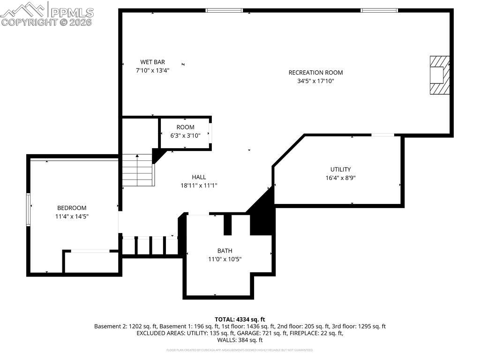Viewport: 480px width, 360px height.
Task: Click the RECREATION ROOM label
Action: [315, 72]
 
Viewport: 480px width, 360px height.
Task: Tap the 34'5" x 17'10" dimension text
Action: [315, 81]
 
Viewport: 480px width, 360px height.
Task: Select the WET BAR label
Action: [152, 62]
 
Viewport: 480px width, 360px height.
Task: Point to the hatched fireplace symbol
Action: [440, 75]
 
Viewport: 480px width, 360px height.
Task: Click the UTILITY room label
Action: [340, 169]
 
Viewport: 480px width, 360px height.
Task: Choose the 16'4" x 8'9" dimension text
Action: [340, 178]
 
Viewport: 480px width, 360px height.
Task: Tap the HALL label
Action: [199, 177]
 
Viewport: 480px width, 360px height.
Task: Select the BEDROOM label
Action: [72, 208]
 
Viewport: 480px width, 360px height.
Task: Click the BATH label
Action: [225, 251]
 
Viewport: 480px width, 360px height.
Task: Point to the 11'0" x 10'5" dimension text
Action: [225, 259]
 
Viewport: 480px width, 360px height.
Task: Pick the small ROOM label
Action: [185, 127]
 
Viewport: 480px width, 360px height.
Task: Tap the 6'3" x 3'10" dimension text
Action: [185, 135]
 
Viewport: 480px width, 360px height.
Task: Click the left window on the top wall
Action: [225, 10]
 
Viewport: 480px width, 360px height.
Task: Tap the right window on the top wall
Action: [379, 10]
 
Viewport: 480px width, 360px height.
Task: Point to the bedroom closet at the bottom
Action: [91, 262]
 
